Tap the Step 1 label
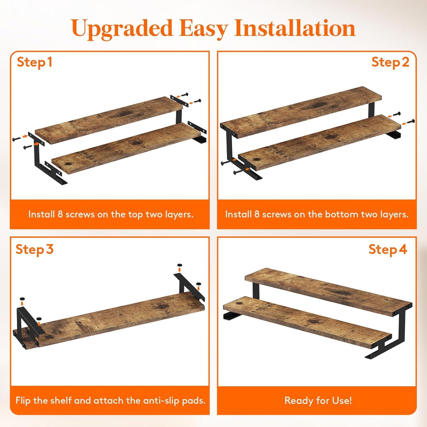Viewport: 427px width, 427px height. click(35, 62)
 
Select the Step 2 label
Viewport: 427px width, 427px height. click(390, 62)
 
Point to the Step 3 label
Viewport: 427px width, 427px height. click(34, 249)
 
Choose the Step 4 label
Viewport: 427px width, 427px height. click(388, 249)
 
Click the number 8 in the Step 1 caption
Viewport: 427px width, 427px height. click(60, 214)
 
